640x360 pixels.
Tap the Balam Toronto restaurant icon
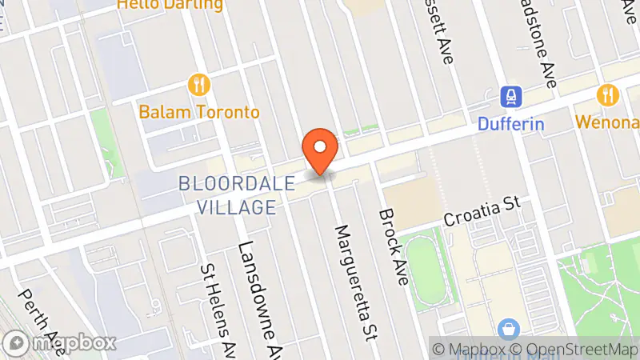[198, 84]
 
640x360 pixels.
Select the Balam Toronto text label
[199, 111]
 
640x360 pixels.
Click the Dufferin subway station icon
[510, 98]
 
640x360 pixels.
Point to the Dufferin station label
[511, 124]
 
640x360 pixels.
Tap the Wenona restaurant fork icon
[608, 95]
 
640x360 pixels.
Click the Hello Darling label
[170, 5]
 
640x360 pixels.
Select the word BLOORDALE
[239, 182]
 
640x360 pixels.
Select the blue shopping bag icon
[506, 328]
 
